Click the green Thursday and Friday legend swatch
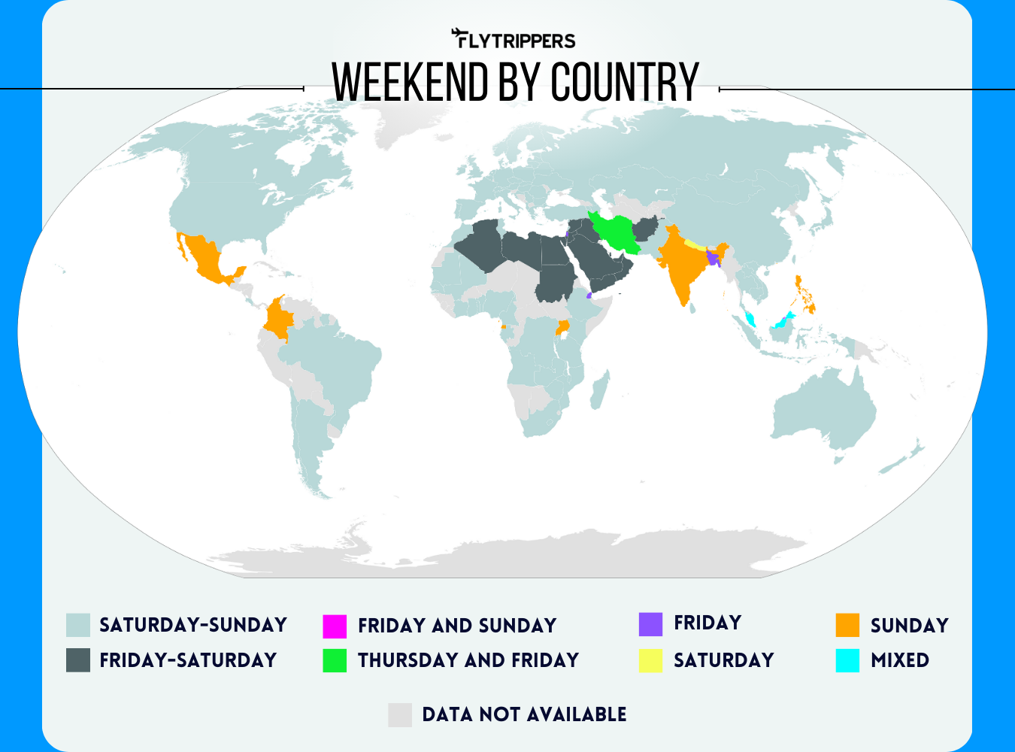[335, 660]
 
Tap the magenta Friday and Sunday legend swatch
[335, 626]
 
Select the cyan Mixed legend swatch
[847, 660]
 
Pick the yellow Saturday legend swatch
[650, 660]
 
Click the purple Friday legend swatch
[650, 623]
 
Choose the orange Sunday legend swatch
[847, 625]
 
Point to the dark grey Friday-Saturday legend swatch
[78, 660]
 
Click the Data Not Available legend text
[524, 714]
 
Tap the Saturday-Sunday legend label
[193, 625]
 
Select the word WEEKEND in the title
[411, 82]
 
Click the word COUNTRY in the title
[625, 82]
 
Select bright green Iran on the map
[617, 233]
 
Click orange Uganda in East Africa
[562, 327]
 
